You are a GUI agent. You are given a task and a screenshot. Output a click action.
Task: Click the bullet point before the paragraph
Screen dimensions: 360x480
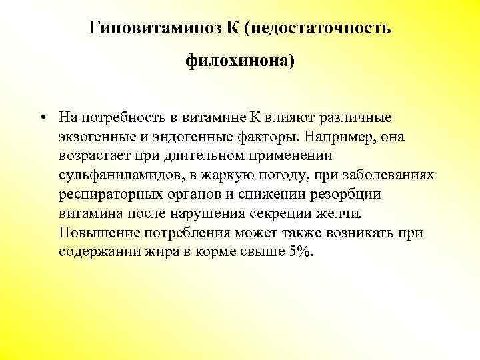(x=41, y=119)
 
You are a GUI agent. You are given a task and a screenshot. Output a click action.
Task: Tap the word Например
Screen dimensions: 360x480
(x=337, y=137)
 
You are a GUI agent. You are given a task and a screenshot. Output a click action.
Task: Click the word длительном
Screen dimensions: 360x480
(x=201, y=156)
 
